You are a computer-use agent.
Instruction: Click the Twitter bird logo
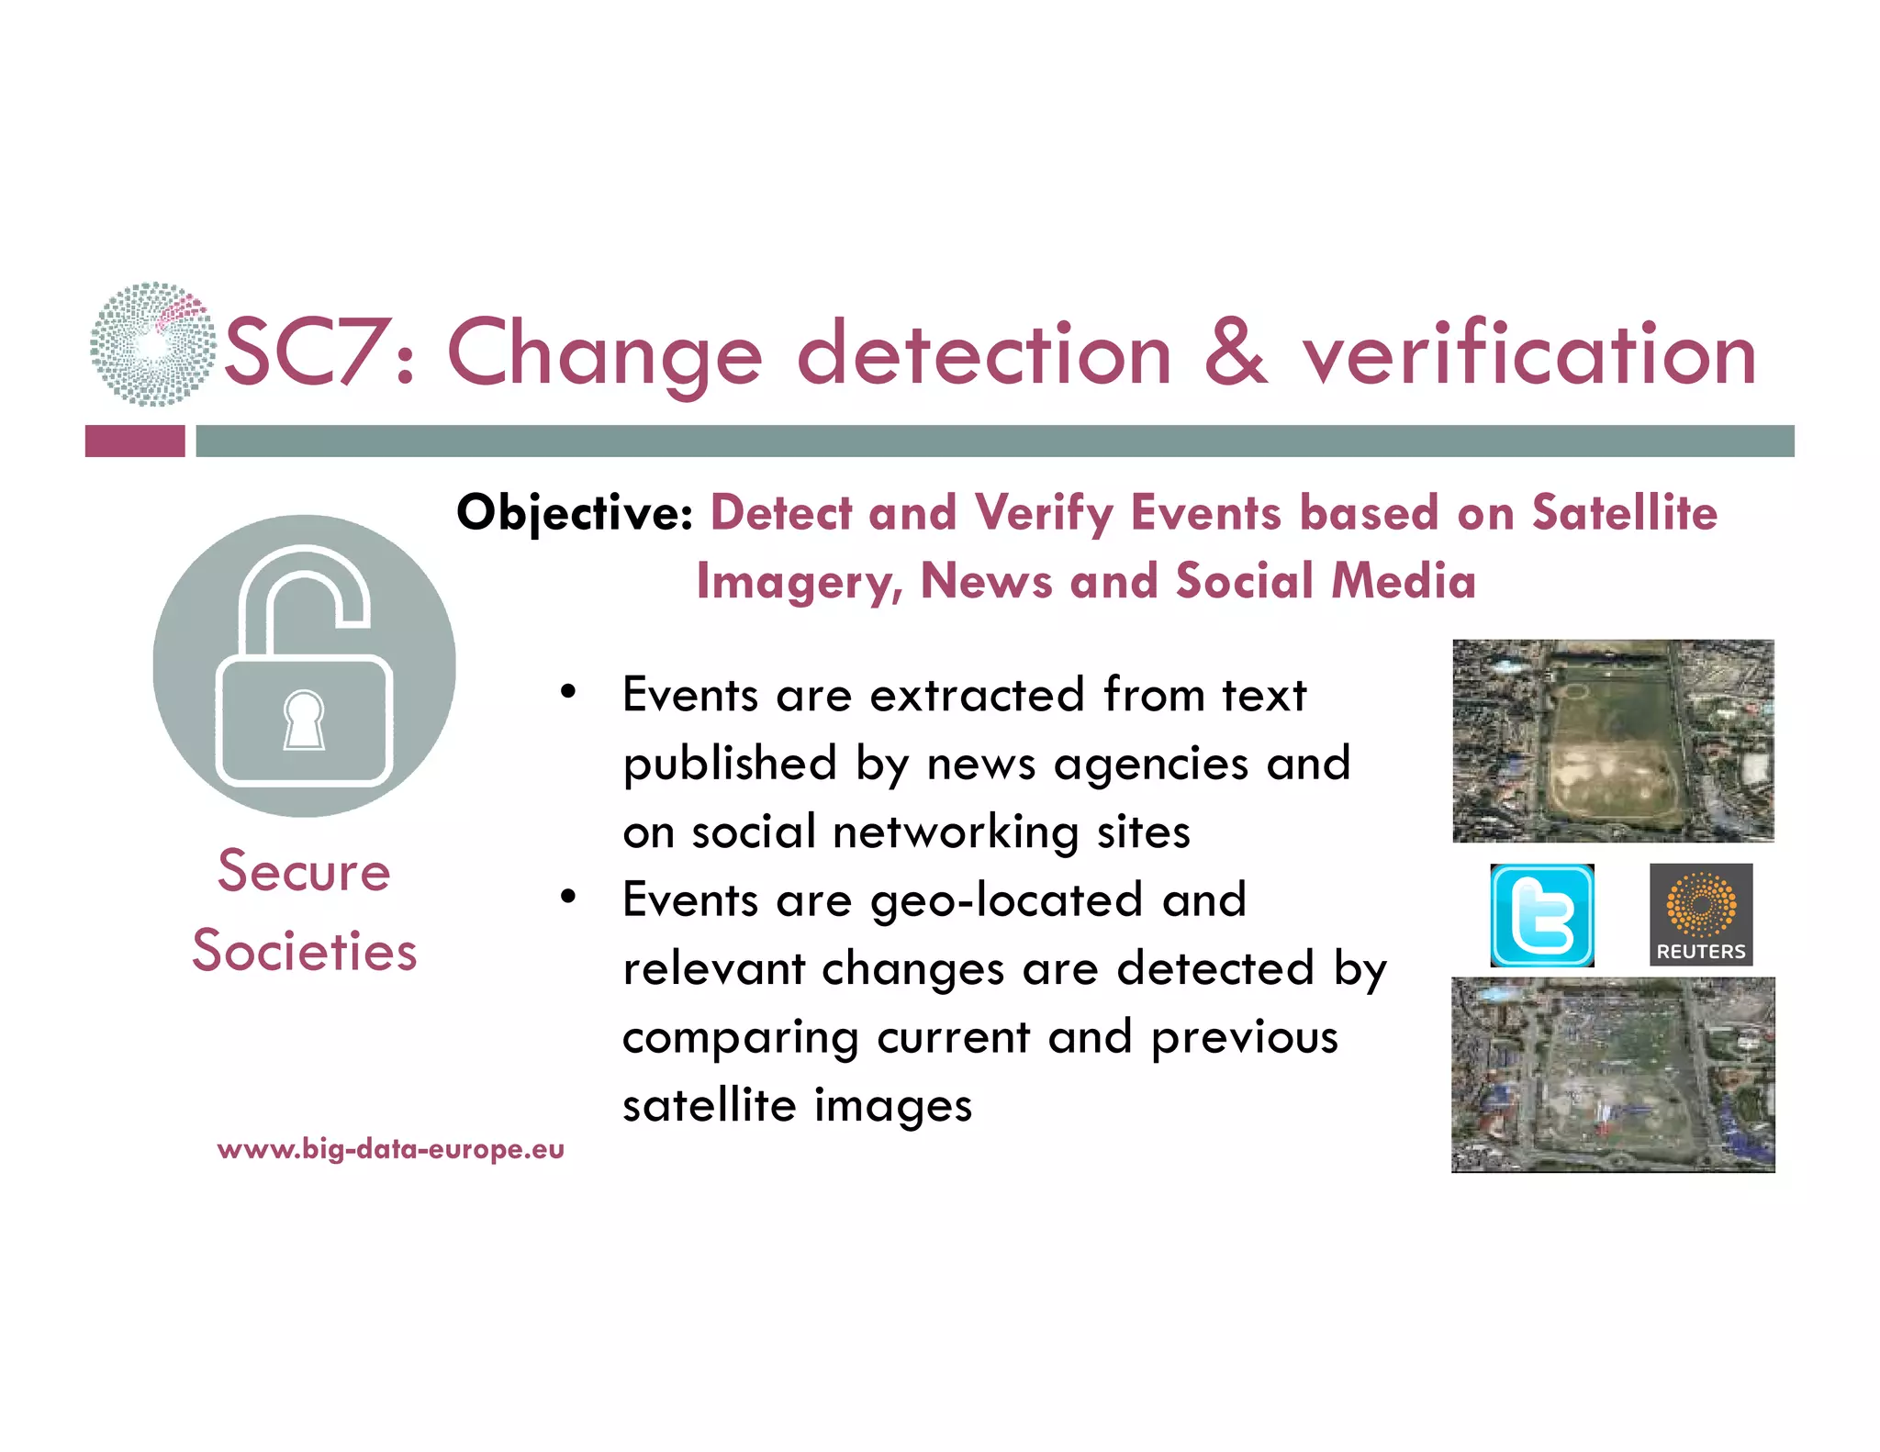click(x=1541, y=915)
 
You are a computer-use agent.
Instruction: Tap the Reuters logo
click(x=1700, y=914)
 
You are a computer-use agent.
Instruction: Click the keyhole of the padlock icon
click(x=304, y=719)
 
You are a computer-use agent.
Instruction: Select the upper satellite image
click(x=1613, y=741)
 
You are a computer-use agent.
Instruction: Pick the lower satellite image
click(x=1613, y=1075)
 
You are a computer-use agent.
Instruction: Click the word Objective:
click(x=575, y=512)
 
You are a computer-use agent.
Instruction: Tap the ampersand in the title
click(x=1236, y=352)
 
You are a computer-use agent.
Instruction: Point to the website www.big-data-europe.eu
click(x=390, y=1149)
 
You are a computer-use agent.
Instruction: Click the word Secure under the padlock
click(x=304, y=871)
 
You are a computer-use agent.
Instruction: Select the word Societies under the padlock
click(x=304, y=951)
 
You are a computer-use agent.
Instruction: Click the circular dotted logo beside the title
click(x=152, y=344)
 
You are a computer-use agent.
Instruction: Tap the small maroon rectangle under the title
click(x=135, y=441)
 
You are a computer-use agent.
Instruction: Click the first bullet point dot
click(x=568, y=692)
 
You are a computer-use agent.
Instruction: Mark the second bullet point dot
click(x=568, y=897)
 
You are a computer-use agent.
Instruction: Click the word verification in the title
click(x=1529, y=354)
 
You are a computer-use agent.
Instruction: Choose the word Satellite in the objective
click(x=1624, y=512)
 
